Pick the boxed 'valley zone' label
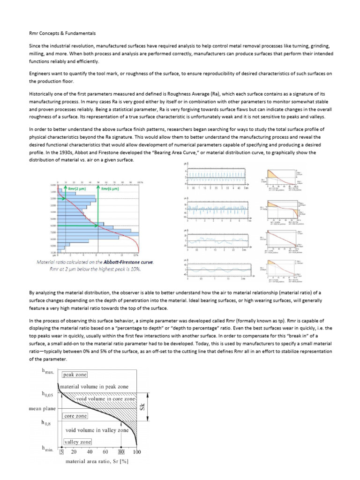78,442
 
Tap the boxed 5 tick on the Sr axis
61,452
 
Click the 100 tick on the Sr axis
136,452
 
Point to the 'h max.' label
48,373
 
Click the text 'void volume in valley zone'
97,430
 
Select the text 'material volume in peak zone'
94,387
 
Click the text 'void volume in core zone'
105,399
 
